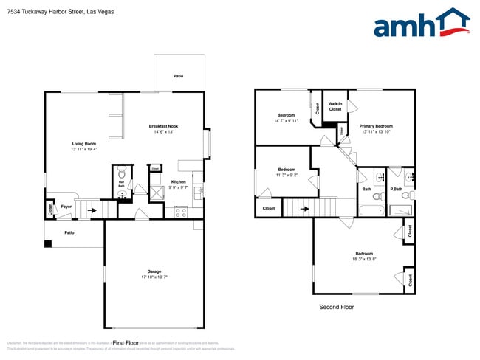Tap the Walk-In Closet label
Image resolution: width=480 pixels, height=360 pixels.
[335, 106]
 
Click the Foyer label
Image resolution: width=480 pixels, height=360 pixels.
[66, 207]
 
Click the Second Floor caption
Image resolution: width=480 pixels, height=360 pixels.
[336, 307]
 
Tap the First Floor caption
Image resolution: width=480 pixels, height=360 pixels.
[125, 343]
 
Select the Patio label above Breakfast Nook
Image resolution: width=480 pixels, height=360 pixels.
[178, 76]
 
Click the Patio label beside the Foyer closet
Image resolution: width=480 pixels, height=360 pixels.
[69, 233]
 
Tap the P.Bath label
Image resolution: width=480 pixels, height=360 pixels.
[397, 190]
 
